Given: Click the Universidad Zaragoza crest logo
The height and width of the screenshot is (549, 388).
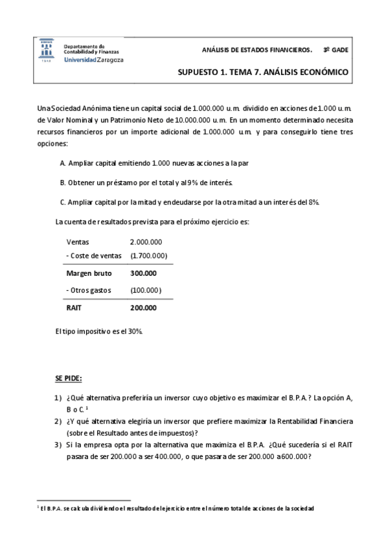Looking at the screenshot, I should tap(47, 50).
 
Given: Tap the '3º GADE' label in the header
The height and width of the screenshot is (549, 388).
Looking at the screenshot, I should tap(336, 49).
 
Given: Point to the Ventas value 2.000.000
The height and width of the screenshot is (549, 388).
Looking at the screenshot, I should tap(146, 241).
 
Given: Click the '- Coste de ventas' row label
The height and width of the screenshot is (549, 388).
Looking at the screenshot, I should tap(94, 256).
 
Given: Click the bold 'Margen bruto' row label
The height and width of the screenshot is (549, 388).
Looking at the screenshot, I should tap(89, 273).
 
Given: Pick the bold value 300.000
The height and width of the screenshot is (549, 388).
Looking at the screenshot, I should tap(143, 273).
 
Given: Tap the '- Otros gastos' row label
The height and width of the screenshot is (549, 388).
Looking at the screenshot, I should tap(90, 290).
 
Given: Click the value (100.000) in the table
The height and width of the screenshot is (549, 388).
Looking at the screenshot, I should tap(146, 290).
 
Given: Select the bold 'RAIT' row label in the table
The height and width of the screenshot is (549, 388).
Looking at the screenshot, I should tap(74, 308).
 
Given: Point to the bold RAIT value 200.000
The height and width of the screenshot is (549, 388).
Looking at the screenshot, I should tap(143, 308).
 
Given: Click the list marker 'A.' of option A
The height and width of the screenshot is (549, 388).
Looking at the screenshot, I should tap(62, 163).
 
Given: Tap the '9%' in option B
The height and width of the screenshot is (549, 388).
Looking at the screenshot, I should tap(175, 183).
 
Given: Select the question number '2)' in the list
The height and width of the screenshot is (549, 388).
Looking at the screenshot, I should tap(58, 421).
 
